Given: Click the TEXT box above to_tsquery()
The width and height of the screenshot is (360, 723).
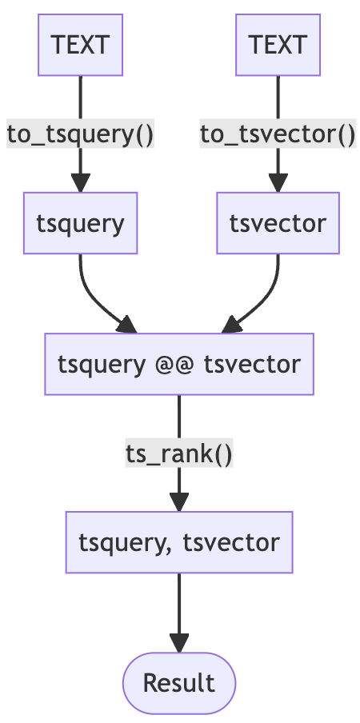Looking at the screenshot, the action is click(80, 45).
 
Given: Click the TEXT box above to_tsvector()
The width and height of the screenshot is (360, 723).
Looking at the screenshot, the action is click(278, 45).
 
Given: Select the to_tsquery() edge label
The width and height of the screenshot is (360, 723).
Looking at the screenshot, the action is click(80, 134).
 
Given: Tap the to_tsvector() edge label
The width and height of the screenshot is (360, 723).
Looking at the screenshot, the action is click(278, 134).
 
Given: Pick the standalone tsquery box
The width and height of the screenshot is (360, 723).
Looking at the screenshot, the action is click(80, 223).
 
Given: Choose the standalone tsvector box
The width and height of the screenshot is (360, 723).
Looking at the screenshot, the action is click(278, 223).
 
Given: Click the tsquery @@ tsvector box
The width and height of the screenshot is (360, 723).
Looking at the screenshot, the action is click(179, 364).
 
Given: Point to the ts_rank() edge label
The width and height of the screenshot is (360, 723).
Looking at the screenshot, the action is click(179, 453).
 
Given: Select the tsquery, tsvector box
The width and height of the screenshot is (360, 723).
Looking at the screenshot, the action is click(179, 542).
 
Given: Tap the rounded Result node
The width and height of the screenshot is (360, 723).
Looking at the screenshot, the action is click(179, 683).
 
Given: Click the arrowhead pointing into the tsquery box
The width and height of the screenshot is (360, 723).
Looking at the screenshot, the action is click(80, 182).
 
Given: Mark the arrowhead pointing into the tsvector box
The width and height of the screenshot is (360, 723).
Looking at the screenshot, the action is click(278, 182).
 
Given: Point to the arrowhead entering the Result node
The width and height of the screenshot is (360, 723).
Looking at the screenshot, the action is click(179, 643).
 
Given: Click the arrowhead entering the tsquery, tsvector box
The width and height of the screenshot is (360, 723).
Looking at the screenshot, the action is click(179, 502).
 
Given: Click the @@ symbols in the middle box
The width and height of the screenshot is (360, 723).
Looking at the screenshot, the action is click(174, 364).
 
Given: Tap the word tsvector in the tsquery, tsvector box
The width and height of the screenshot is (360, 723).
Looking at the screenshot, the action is click(231, 543).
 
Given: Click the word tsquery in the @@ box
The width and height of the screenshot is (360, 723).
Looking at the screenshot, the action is click(101, 365).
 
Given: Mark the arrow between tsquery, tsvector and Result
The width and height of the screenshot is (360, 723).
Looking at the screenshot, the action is click(179, 613).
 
